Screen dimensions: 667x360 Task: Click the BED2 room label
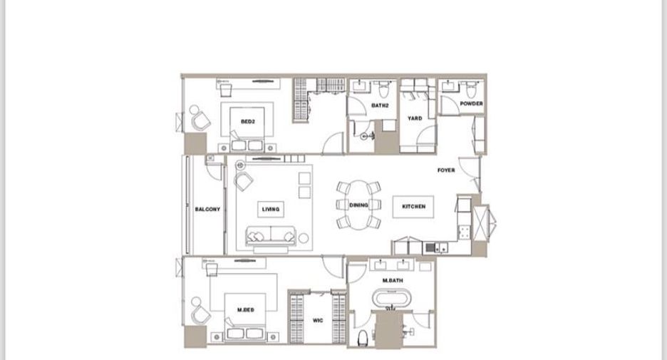[247, 122]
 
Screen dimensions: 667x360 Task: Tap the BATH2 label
[380, 106]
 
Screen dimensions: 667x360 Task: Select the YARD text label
[415, 118]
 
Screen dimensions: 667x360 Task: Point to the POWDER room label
[471, 103]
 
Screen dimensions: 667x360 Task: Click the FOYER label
[446, 170]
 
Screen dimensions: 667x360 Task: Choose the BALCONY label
[207, 210]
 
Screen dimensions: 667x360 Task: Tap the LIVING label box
[271, 209]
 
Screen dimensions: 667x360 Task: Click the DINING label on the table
[358, 205]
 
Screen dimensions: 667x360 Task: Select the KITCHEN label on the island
[413, 207]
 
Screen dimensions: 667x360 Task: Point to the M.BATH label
[393, 280]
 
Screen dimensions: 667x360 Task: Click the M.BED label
[245, 310]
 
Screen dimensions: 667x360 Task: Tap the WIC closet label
[318, 320]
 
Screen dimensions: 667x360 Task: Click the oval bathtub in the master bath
[392, 298]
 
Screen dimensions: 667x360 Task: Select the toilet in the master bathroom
[363, 337]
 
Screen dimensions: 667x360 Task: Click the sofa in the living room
[271, 235]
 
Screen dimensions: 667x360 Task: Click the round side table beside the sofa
[304, 238]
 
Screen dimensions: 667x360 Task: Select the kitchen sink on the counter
[436, 247]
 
